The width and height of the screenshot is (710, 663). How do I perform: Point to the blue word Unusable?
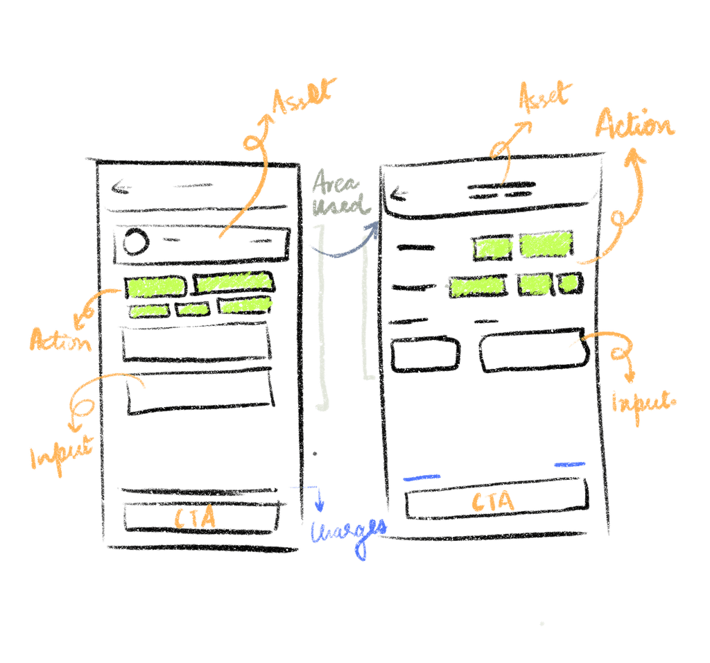point(347,534)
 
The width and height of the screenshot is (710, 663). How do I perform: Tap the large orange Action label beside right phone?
point(634,128)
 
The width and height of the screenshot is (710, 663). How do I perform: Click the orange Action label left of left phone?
point(60,339)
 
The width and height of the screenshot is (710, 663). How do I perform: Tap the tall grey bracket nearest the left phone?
point(322,319)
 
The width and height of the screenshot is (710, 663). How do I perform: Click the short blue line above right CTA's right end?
point(569,465)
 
